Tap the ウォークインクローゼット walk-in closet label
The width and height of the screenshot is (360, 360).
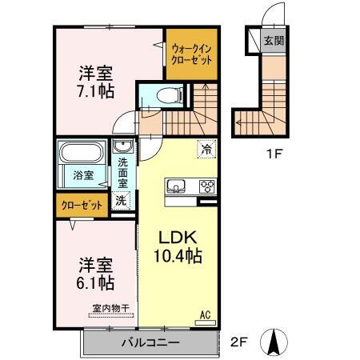coord(190,54)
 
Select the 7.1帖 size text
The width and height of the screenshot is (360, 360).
coord(94,90)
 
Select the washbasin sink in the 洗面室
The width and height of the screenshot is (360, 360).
coord(122,146)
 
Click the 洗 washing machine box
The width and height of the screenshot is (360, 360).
coord(120,200)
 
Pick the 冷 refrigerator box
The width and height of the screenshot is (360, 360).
coord(206,149)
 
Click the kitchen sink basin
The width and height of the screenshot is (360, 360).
coord(176,187)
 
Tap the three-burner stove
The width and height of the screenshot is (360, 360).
coord(207,187)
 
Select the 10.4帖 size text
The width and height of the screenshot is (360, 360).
coord(175,257)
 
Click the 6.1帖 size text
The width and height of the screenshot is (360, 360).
coord(94,283)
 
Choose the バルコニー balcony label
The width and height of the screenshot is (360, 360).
coord(150,343)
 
